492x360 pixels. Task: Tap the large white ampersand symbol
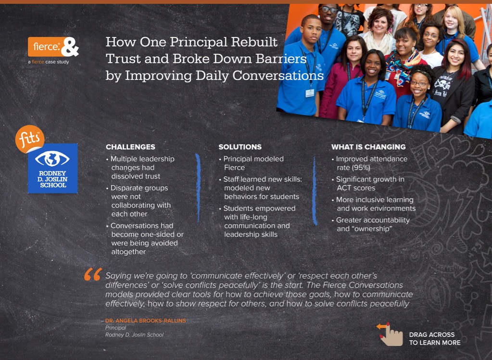point(70,47)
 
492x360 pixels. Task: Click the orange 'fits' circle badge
point(30,139)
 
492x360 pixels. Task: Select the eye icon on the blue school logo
point(52,159)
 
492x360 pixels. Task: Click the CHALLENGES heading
point(130,147)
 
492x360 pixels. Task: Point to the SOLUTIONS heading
point(240,147)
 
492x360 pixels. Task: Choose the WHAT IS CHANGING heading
point(368,147)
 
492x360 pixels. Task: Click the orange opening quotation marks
point(93,274)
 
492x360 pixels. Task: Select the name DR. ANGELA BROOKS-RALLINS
point(146,321)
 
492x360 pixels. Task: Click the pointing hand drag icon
point(390,334)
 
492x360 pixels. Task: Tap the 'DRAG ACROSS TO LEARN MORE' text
point(435,339)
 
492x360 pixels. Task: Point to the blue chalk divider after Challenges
point(198,188)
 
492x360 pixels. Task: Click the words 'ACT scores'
point(356,188)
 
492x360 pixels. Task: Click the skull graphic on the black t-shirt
point(443,83)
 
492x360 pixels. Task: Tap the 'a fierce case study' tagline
point(48,62)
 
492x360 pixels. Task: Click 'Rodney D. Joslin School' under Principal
point(134,335)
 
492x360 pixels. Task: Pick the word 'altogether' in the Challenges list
point(128,252)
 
